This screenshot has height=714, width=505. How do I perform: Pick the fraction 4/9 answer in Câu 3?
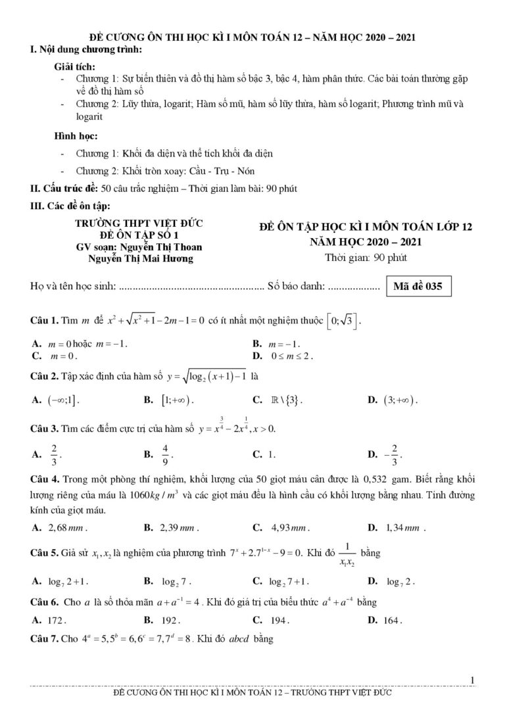coord(166,454)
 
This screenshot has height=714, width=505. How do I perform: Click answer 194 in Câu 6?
coord(279,619)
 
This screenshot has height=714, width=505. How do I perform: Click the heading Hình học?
coord(76,136)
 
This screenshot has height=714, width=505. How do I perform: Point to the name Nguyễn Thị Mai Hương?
coord(141,258)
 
